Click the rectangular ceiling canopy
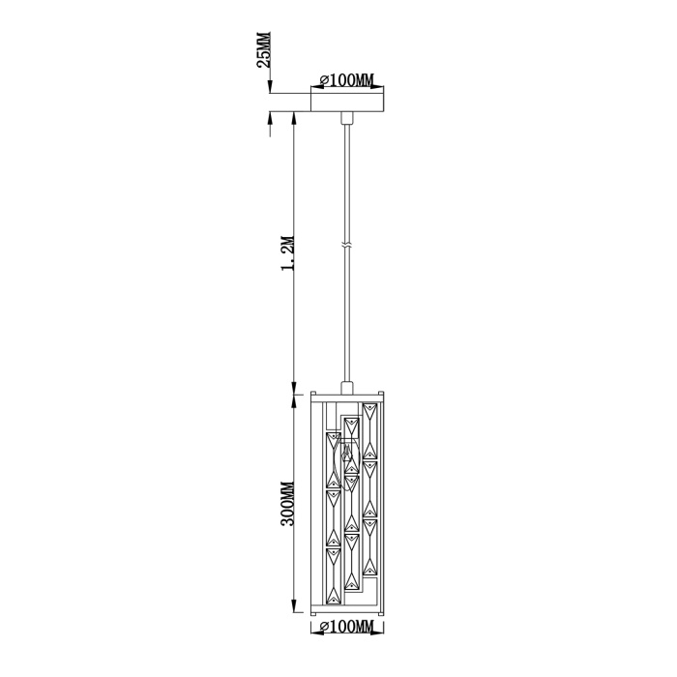(x=348, y=101)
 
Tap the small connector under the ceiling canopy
(x=348, y=118)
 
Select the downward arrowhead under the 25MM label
(x=268, y=86)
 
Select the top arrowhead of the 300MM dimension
(x=293, y=395)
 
